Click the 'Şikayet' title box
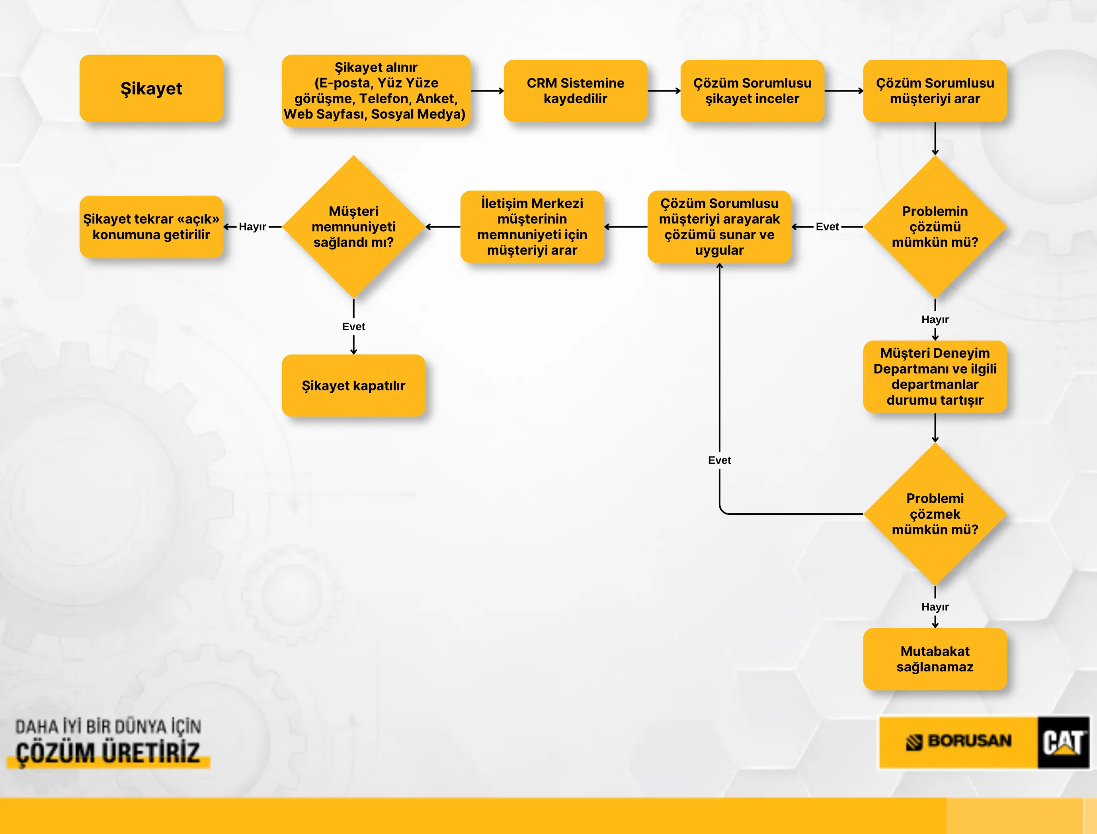(x=152, y=88)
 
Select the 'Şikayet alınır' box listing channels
(x=376, y=91)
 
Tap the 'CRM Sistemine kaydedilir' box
(x=576, y=91)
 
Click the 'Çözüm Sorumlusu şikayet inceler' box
(x=752, y=91)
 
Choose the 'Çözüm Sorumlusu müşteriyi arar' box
(x=935, y=91)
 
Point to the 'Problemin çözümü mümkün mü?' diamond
(x=935, y=227)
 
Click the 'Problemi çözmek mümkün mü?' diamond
(x=935, y=514)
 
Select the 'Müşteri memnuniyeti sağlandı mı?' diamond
(x=353, y=227)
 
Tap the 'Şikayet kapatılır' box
(x=353, y=386)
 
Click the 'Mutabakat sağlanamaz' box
(x=935, y=659)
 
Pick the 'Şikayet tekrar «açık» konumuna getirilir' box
(x=152, y=227)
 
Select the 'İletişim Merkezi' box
(x=532, y=227)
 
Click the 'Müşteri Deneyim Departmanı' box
(x=935, y=376)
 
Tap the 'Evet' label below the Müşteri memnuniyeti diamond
(x=353, y=327)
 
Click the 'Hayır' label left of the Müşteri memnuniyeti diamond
(x=252, y=227)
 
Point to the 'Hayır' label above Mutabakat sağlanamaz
(x=935, y=607)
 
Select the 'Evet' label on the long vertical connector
(x=720, y=460)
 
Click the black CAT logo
(x=1063, y=742)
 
